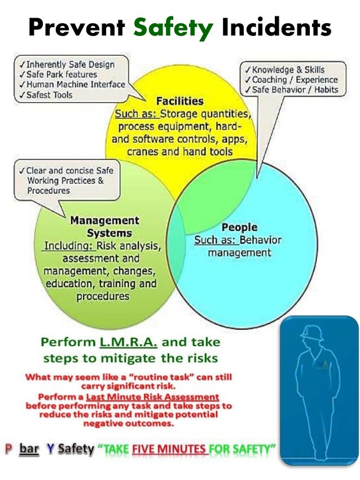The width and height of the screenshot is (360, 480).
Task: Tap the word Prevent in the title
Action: [77, 27]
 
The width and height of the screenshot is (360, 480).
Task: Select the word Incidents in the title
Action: [276, 27]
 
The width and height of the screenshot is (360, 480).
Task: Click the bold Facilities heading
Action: [180, 101]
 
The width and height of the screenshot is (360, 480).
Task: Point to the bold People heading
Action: [239, 227]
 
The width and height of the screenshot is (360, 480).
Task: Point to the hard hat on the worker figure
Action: [311, 333]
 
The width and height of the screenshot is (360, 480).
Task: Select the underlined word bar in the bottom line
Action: [28, 449]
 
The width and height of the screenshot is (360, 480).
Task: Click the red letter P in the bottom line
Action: [8, 449]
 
